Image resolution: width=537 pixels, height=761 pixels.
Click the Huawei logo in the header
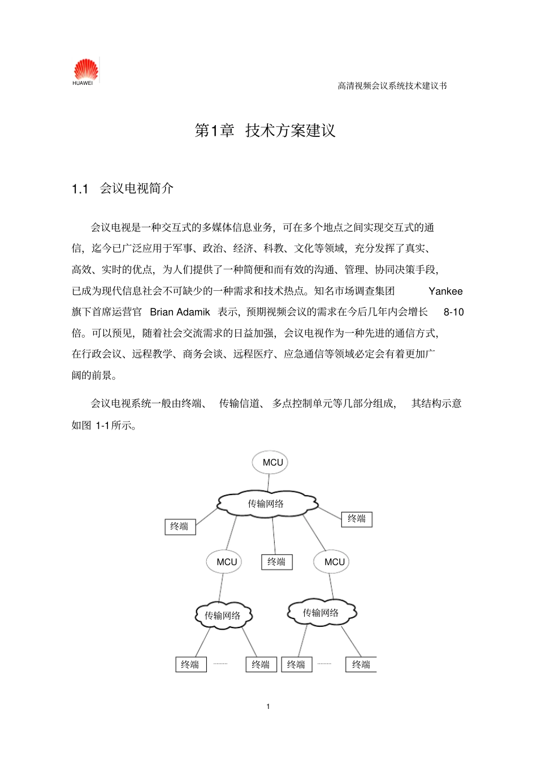point(85,72)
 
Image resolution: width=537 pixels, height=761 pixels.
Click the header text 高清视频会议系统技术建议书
point(392,86)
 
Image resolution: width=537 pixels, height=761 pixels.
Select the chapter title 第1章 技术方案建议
point(265,131)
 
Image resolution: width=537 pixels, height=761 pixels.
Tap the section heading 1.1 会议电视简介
point(123,188)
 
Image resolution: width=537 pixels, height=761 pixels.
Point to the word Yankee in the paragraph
point(445,291)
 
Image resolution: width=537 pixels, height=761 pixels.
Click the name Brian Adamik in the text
point(180,312)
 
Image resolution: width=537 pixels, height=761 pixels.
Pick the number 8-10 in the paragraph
point(453,312)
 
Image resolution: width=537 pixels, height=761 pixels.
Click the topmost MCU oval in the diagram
point(271,462)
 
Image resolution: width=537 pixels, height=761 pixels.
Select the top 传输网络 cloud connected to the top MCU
point(267,503)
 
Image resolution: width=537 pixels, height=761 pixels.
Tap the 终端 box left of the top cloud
point(180,527)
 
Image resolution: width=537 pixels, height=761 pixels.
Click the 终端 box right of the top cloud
point(357,519)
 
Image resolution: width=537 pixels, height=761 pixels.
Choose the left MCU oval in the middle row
point(225,562)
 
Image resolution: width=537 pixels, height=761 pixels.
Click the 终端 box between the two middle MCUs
point(276,562)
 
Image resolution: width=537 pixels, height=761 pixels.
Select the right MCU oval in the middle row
point(333,562)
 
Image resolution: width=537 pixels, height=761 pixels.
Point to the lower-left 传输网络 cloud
point(223,615)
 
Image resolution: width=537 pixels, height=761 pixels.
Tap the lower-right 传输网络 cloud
point(321,612)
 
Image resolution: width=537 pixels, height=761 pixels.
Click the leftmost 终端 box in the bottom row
point(190,664)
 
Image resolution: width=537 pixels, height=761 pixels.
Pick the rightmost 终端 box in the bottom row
point(361,664)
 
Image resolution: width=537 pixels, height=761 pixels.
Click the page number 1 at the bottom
point(268,706)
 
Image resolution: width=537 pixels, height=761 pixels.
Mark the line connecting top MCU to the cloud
point(269,482)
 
